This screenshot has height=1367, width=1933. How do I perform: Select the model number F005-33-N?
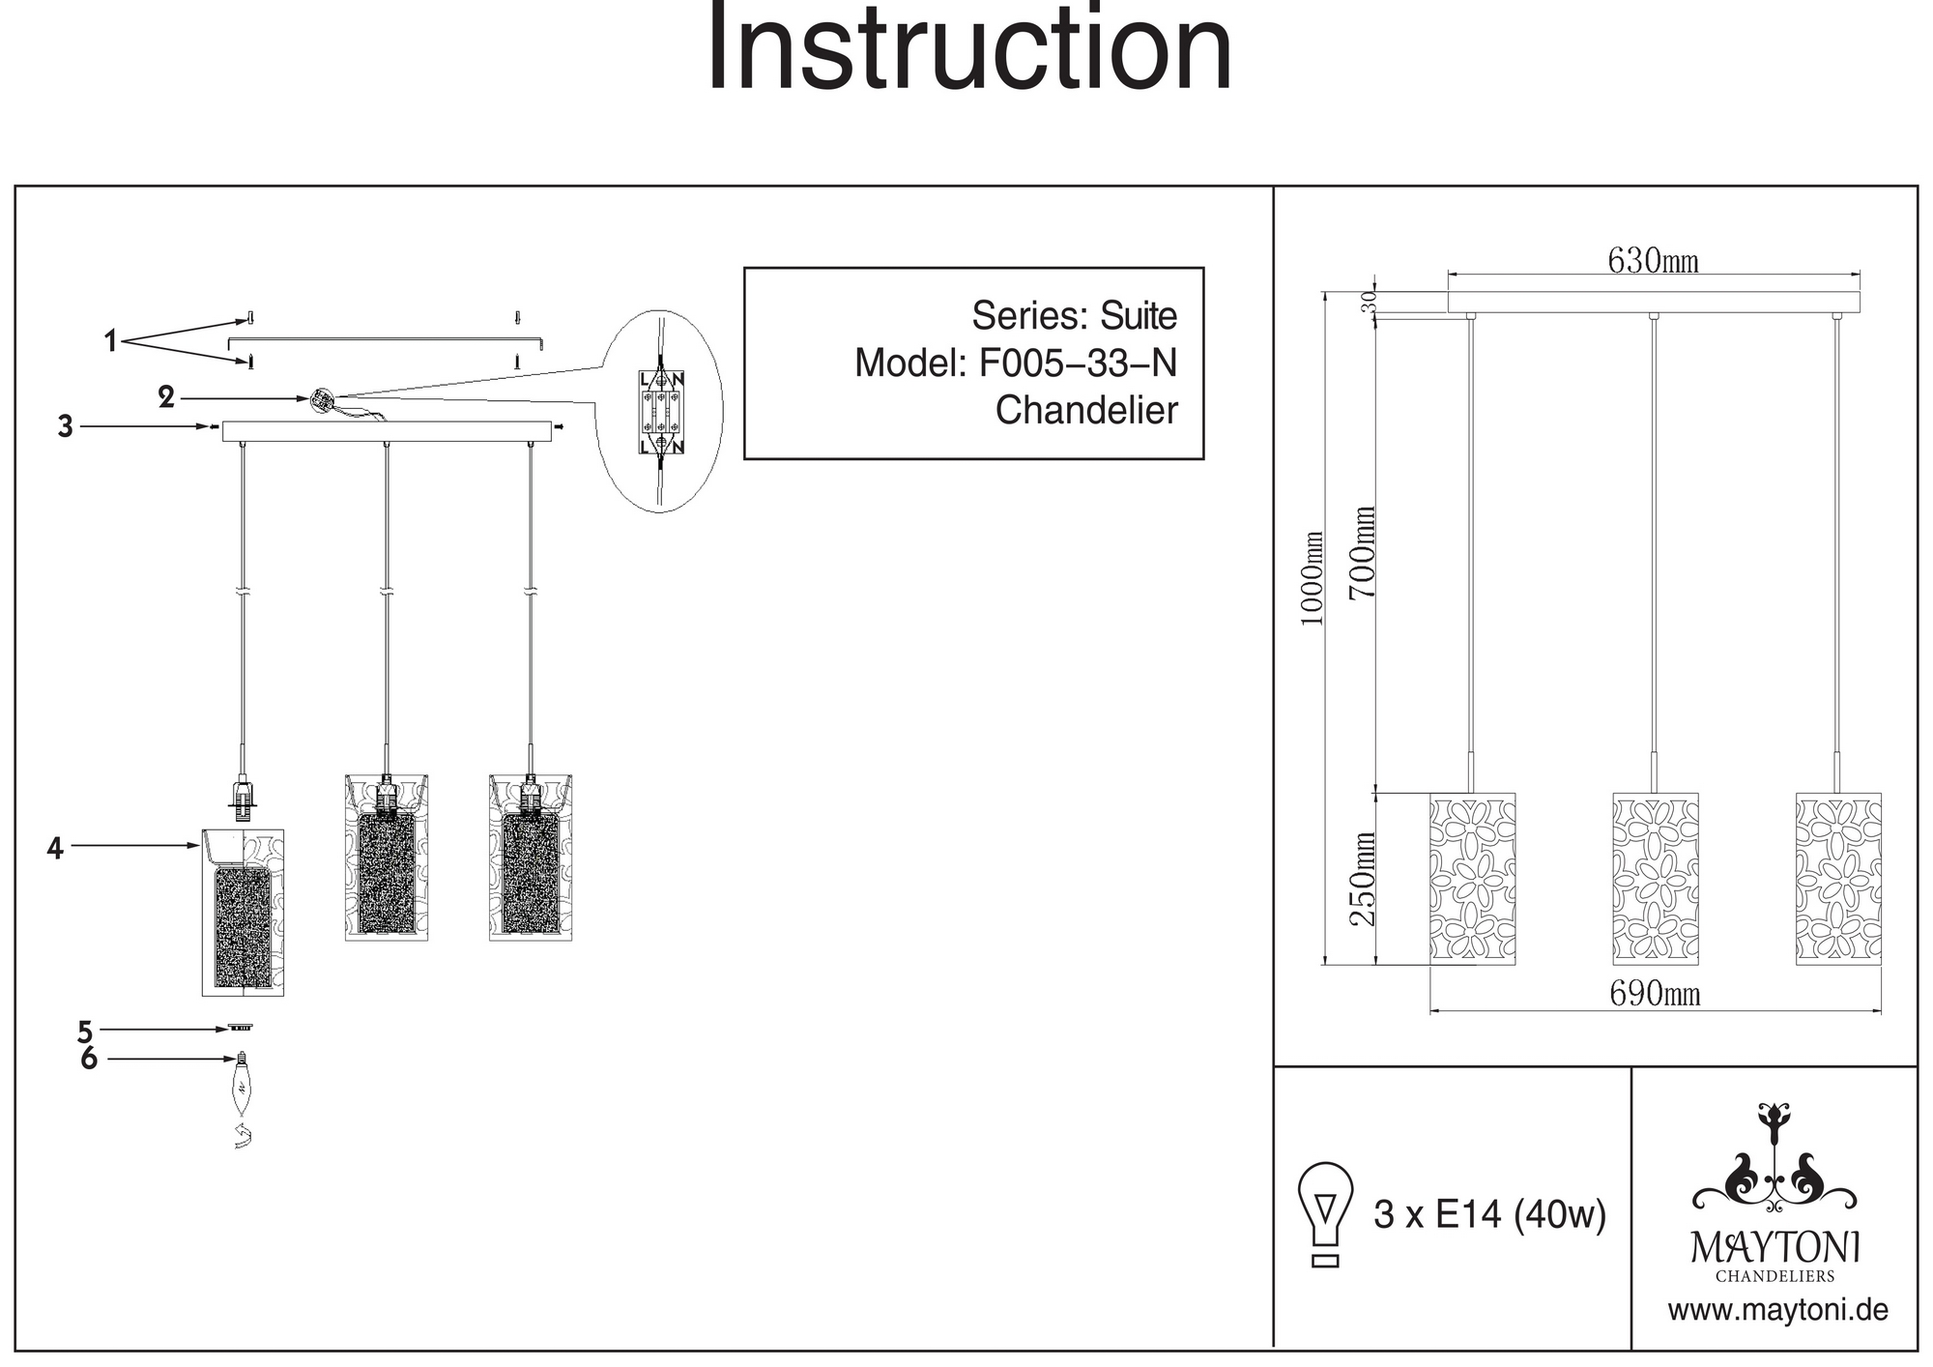click(1078, 364)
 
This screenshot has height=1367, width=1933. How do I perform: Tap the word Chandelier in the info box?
click(1086, 411)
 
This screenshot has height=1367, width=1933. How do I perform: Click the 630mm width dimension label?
click(1653, 260)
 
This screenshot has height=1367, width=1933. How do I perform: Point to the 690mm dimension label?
click(1655, 994)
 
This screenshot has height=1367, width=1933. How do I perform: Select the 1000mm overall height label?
click(1311, 578)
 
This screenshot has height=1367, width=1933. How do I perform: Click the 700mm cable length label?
click(1362, 552)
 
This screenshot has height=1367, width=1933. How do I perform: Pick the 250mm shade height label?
click(1362, 879)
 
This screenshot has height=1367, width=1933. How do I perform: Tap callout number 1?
click(111, 341)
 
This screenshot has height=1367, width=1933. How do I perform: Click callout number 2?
click(166, 397)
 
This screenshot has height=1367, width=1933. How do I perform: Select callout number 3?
click(65, 426)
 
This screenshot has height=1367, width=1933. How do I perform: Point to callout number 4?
click(55, 848)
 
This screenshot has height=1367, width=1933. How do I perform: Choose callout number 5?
click(85, 1032)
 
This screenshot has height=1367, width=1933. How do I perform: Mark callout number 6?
click(89, 1060)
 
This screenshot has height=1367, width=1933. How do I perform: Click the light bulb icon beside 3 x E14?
click(1325, 1214)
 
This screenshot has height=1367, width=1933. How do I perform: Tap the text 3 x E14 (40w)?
click(1489, 1215)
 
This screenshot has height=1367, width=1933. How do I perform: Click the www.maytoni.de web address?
click(1777, 1311)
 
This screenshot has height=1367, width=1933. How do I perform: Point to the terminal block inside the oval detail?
click(661, 413)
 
